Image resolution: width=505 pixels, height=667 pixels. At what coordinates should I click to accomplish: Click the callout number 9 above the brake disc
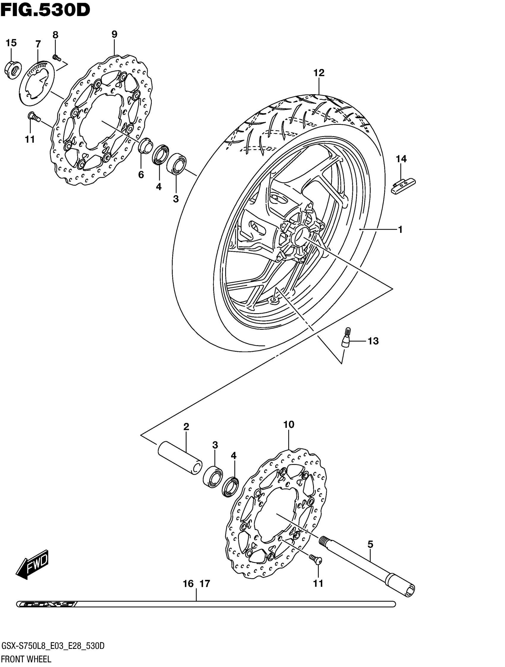(114, 34)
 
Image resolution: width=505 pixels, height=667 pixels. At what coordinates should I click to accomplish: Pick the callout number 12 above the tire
(319, 73)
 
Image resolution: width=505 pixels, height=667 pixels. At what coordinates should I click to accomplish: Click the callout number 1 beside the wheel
(400, 230)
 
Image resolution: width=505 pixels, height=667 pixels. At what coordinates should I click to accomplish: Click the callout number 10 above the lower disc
(288, 425)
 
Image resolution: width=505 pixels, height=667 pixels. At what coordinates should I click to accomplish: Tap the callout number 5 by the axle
(370, 545)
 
